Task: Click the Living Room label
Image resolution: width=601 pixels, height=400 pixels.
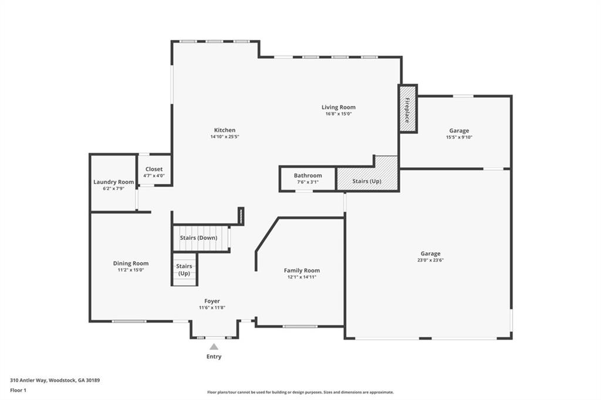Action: pos(338,107)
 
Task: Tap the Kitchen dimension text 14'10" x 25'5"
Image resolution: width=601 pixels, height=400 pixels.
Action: pos(224,137)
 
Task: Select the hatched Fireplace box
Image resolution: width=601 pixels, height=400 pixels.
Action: pos(407,109)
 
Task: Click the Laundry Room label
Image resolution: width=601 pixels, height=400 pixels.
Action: pos(113,182)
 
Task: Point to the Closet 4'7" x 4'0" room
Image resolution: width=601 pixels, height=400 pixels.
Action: pos(154,171)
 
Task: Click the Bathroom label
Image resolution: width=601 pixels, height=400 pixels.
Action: pos(308,175)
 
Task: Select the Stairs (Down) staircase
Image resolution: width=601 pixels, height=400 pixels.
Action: pos(200,238)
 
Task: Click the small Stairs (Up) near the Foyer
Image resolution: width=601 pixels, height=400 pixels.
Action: pos(184,270)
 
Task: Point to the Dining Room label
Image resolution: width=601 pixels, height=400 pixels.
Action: pos(130,263)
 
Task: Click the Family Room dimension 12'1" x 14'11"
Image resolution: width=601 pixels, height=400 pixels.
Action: pos(302,277)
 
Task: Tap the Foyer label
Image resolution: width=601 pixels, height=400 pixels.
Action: pos(212,301)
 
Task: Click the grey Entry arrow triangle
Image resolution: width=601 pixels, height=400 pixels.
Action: pos(214,347)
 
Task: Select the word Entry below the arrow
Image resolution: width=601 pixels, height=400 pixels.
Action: pos(214,357)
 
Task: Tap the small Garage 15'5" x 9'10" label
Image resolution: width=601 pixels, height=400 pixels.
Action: pos(459,131)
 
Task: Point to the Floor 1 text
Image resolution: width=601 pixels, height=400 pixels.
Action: pos(20,389)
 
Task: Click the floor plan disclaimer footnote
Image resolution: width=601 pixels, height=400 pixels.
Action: pos(300,392)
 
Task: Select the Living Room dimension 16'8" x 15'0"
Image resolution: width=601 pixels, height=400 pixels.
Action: pos(338,114)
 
